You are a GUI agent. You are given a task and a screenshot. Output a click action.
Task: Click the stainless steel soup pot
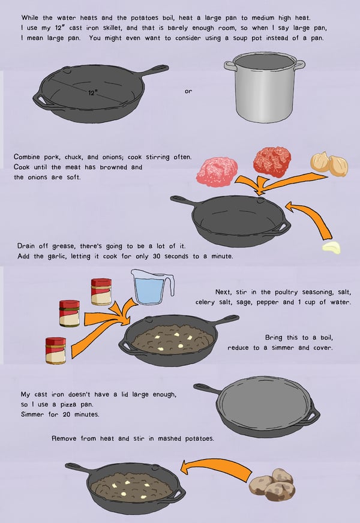click(265, 88)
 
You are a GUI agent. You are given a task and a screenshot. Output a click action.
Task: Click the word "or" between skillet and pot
click(188, 91)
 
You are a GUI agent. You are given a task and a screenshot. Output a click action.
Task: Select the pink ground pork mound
click(217, 172)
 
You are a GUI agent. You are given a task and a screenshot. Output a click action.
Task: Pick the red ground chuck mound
click(272, 161)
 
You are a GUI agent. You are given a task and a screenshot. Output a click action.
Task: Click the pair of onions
click(329, 164)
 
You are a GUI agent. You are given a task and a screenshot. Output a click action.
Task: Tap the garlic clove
click(331, 248)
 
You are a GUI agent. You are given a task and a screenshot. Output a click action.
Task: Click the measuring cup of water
click(152, 287)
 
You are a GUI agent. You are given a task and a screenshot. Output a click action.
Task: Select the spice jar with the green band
click(70, 313)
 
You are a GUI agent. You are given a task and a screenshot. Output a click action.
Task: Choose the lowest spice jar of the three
click(56, 350)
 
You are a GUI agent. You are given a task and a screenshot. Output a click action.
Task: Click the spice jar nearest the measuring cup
click(101, 292)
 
